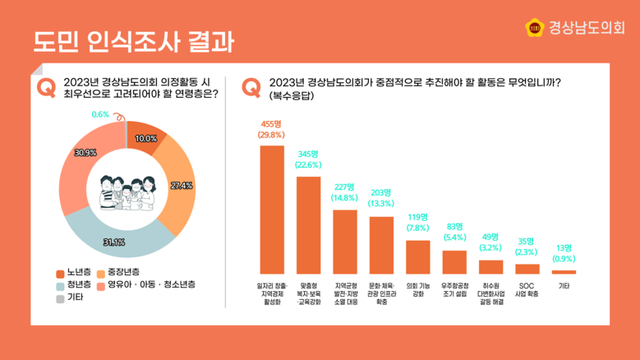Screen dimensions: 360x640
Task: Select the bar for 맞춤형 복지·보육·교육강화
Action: pyautogui.click(x=308, y=224)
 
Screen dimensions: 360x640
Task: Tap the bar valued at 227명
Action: pyautogui.click(x=345, y=241)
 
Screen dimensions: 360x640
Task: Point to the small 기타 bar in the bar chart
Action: pyautogui.click(x=564, y=272)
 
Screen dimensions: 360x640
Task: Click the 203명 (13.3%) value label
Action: pyautogui.click(x=381, y=198)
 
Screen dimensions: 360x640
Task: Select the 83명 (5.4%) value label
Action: pyautogui.click(x=454, y=232)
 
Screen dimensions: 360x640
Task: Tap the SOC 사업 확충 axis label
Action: pyautogui.click(x=527, y=289)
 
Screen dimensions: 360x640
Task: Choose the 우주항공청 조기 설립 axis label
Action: pyautogui.click(x=454, y=289)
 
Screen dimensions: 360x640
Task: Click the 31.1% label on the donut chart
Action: pyautogui.click(x=113, y=242)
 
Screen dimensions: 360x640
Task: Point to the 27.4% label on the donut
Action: pyautogui.click(x=181, y=186)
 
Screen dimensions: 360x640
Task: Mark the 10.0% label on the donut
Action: pyautogui.click(x=146, y=139)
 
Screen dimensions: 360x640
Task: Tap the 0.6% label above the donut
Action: pyautogui.click(x=101, y=114)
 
